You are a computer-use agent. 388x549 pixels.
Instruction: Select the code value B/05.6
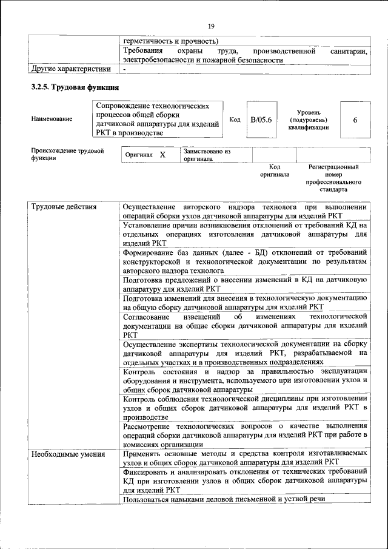click(x=261, y=120)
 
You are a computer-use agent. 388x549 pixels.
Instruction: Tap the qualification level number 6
click(x=355, y=120)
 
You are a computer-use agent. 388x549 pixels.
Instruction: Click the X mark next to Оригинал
click(x=162, y=155)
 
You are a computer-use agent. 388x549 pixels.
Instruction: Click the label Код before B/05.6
click(x=235, y=120)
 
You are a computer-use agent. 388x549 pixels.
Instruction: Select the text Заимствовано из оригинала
click(x=207, y=155)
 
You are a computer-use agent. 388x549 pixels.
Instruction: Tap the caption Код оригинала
click(x=275, y=170)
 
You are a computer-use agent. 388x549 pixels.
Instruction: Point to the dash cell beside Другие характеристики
click(x=124, y=70)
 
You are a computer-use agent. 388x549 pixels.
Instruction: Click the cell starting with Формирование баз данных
click(x=245, y=261)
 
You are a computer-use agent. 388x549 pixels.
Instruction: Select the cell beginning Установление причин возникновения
click(x=245, y=234)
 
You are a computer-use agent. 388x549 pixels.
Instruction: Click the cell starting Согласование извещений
click(x=245, y=325)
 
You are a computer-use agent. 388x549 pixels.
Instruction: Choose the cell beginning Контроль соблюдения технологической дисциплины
click(x=245, y=407)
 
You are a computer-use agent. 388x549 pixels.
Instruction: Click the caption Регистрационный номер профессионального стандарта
click(x=333, y=178)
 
